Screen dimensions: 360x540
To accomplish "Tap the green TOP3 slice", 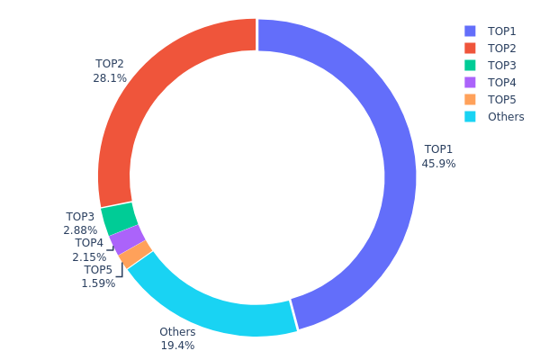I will click(x=119, y=218).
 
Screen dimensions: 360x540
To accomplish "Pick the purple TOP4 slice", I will click(x=128, y=239).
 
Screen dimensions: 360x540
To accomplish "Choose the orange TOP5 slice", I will click(x=135, y=255).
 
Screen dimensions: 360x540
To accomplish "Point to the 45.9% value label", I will click(x=438, y=164).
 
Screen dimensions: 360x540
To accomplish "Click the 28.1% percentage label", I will click(x=110, y=78).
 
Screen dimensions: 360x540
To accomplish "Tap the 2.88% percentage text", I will click(x=80, y=230).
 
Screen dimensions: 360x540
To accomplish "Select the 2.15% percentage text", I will click(x=89, y=256).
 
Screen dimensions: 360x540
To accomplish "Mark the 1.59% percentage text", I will click(x=98, y=283).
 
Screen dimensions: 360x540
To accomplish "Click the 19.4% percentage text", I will click(x=177, y=345).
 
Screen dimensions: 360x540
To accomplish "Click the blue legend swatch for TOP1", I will click(x=470, y=31).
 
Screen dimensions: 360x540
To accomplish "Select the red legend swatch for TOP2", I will click(x=470, y=48).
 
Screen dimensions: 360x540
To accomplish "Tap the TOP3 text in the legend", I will click(x=502, y=65).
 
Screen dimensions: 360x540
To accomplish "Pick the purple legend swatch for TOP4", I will click(x=470, y=82).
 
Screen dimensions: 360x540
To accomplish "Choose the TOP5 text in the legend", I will click(x=502, y=99).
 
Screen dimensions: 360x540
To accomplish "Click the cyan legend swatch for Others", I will click(x=470, y=116).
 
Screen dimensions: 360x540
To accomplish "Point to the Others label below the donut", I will click(x=177, y=332).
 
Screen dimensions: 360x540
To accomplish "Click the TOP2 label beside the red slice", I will click(x=110, y=64).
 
